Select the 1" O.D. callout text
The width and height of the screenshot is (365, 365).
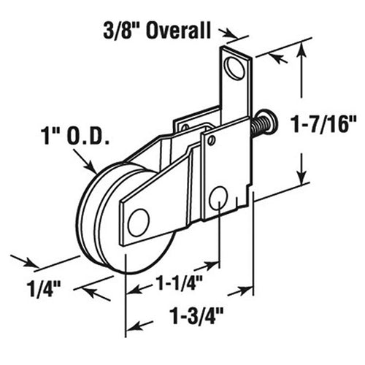pos(75,136)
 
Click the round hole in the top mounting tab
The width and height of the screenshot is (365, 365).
pos(235,69)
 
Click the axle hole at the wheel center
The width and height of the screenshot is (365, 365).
pos(137,222)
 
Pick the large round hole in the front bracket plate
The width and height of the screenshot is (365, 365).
pos(218,197)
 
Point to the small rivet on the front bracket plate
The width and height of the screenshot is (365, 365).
pos(211,139)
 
